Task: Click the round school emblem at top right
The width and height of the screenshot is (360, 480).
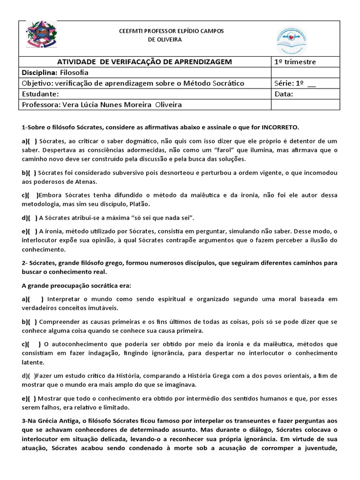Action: [x=292, y=40]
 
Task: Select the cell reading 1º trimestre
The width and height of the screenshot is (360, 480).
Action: [x=295, y=62]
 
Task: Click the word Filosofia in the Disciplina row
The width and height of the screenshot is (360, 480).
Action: [x=74, y=73]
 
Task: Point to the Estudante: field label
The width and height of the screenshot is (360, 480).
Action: [x=40, y=94]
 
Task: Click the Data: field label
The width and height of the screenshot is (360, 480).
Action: [x=285, y=94]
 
